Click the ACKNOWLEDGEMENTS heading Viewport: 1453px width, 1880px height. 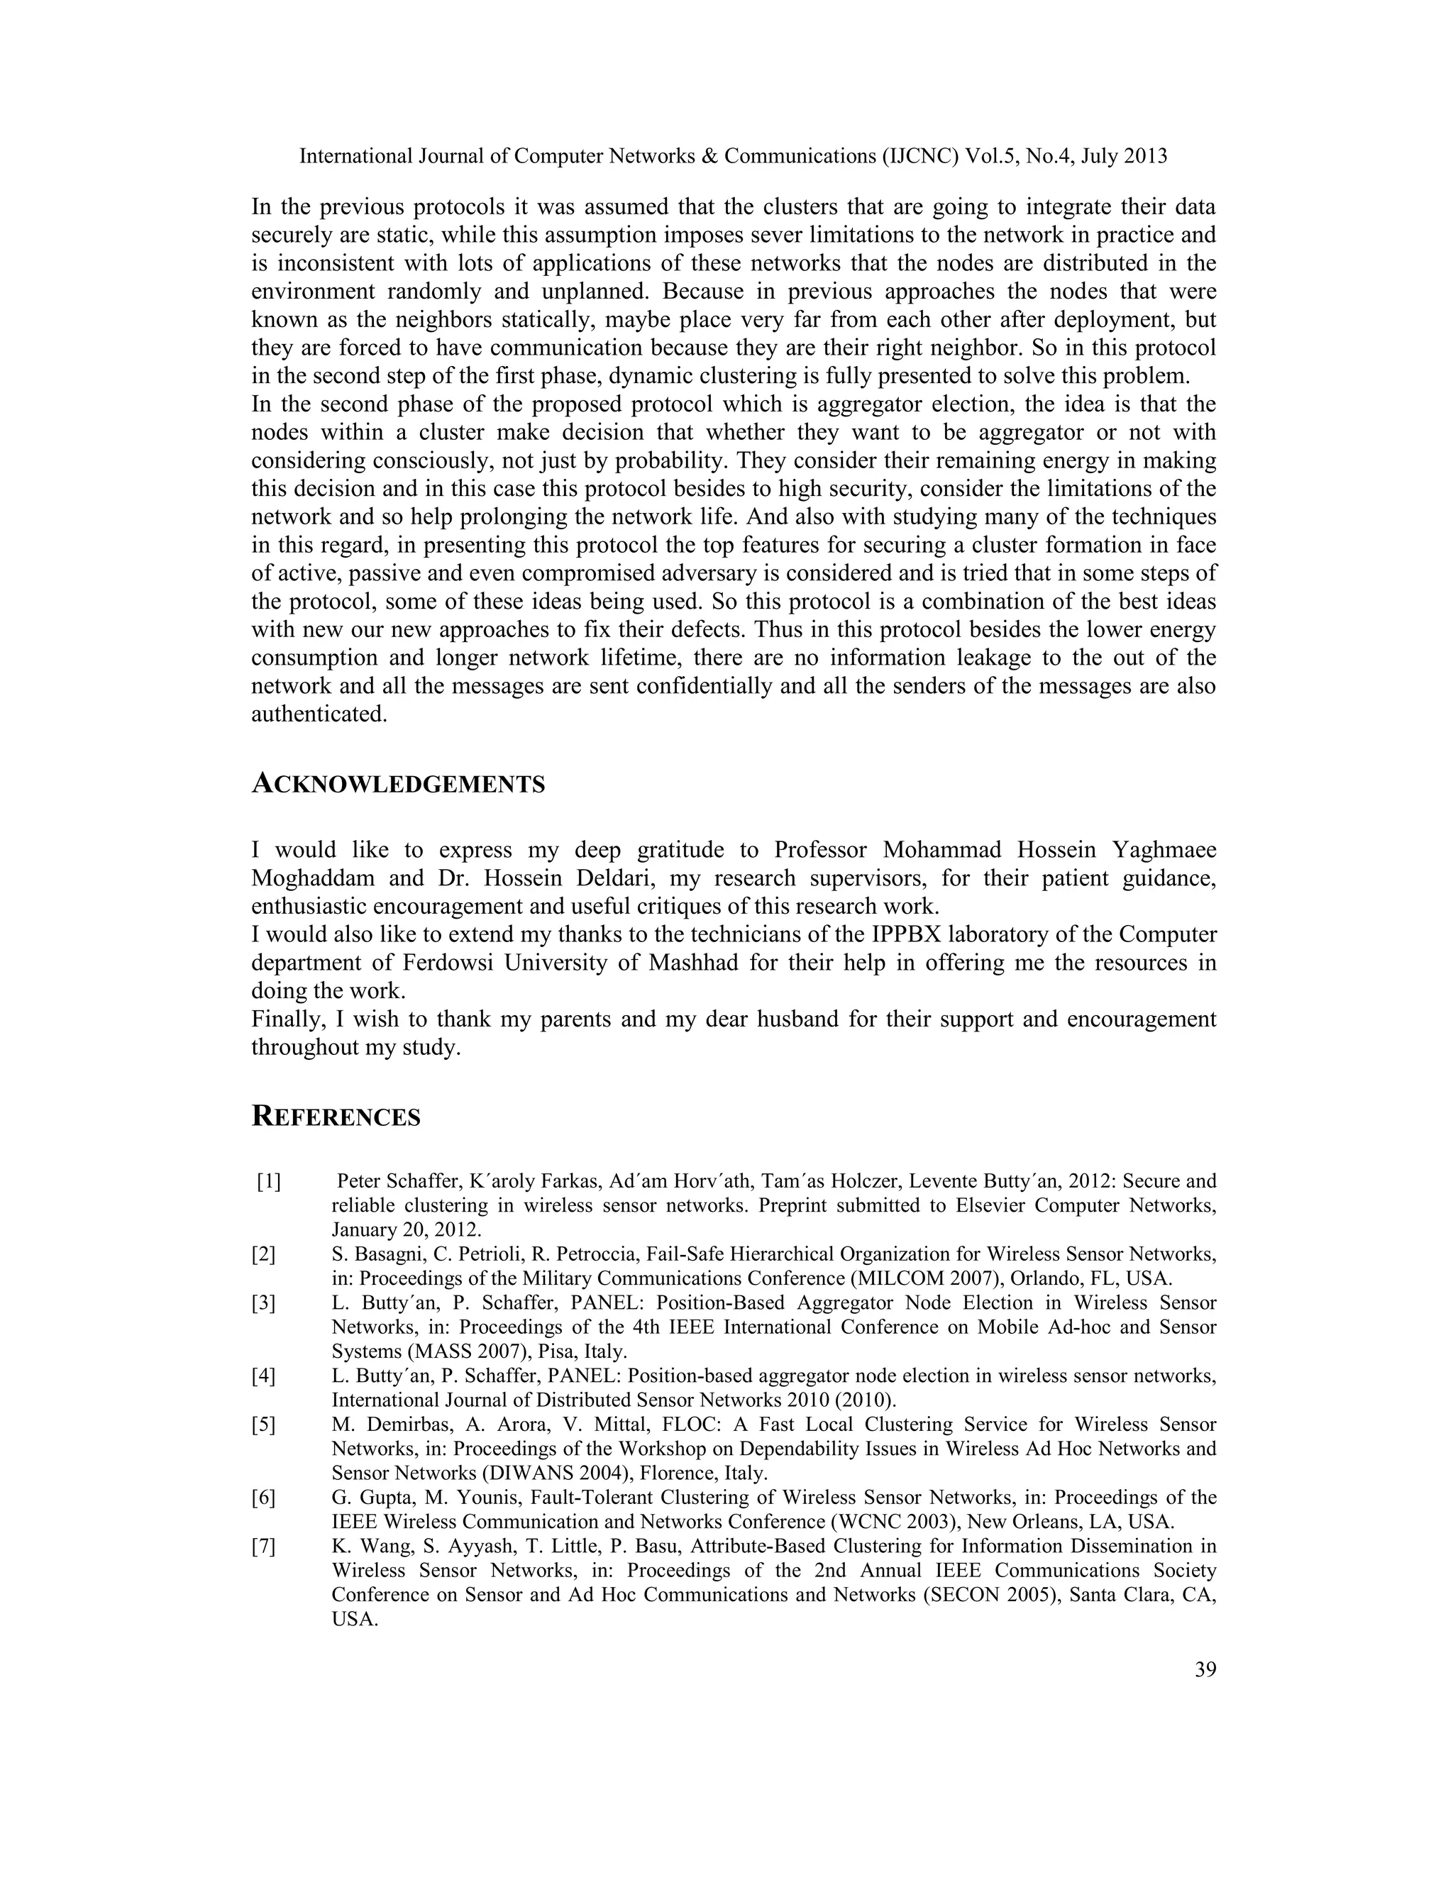pos(398,784)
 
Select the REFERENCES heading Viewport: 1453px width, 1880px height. pos(336,1117)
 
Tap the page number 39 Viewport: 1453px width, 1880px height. pos(1205,1670)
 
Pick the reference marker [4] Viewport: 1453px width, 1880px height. pos(263,1376)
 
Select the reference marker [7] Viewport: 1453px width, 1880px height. pos(263,1546)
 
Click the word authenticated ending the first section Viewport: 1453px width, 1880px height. pos(318,714)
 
